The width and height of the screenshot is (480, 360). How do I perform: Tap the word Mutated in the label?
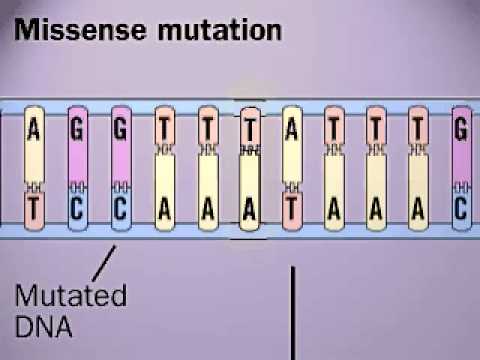[x=70, y=297]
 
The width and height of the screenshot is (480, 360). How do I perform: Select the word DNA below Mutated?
[x=39, y=326]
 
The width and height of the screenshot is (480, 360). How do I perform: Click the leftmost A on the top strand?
[x=35, y=129]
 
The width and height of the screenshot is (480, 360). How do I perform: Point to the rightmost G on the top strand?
[x=461, y=129]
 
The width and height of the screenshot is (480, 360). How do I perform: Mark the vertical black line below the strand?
[x=292, y=310]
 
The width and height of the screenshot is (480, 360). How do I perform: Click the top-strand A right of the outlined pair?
[x=292, y=129]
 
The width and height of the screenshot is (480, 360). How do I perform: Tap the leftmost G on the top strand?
[x=78, y=129]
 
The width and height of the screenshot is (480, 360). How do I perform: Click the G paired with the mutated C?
[x=121, y=129]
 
